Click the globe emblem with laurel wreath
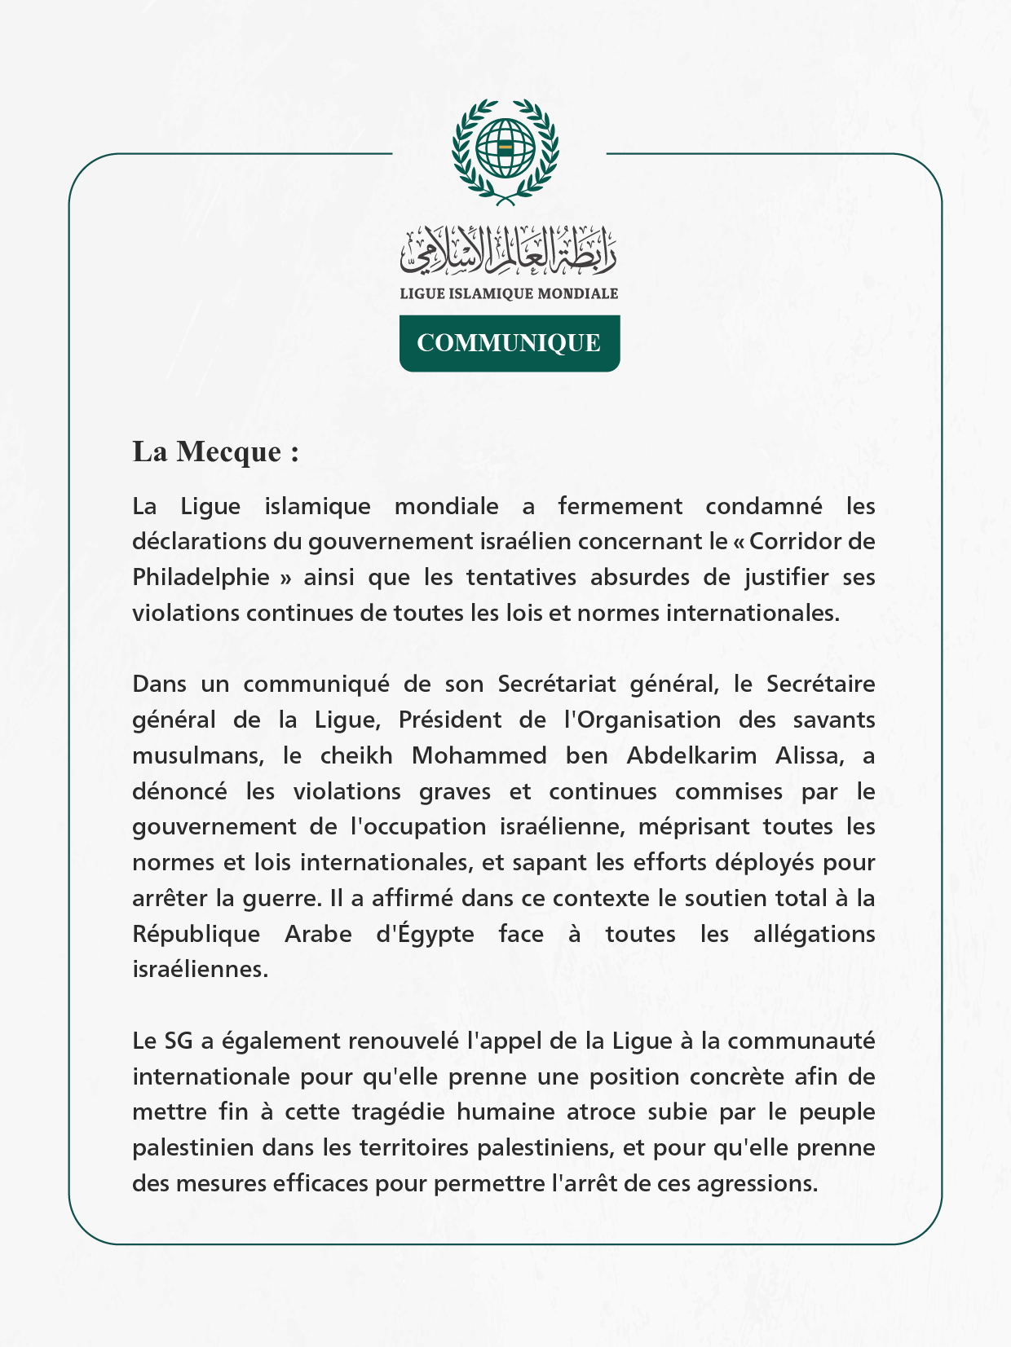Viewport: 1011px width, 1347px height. coord(505,152)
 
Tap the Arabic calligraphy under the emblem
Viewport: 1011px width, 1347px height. coord(509,250)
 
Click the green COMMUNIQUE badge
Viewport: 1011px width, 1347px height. coord(510,343)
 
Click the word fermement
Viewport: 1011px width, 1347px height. coord(620,506)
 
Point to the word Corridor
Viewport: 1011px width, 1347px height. coord(791,541)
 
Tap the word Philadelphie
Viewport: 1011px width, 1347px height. coord(201,577)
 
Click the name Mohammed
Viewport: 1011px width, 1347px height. coord(479,755)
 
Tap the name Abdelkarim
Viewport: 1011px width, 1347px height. coord(691,755)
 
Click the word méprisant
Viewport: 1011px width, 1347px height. coord(694,826)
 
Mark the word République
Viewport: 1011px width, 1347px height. coord(196,934)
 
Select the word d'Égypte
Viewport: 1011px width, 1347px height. coord(425,934)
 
